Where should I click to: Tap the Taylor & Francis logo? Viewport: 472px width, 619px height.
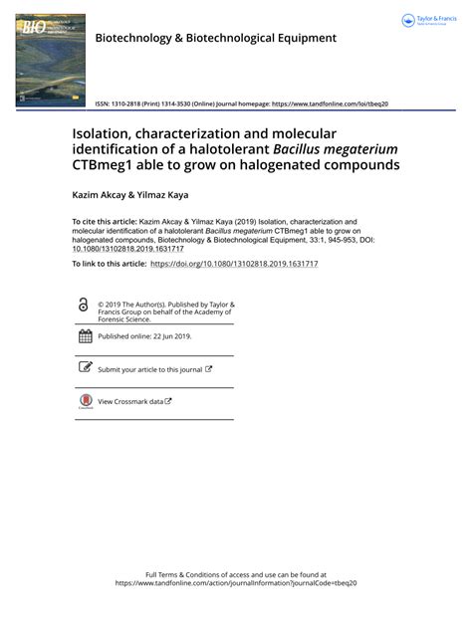point(429,21)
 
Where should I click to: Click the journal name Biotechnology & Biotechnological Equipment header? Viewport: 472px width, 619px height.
point(215,39)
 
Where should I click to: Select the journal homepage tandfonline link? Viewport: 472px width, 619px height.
point(329,103)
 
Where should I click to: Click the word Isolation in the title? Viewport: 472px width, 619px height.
point(109,133)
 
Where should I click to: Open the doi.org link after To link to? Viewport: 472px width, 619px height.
point(234,264)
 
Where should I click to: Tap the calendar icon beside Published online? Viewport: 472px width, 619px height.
point(85,336)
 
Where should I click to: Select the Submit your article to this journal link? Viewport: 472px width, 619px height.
point(150,369)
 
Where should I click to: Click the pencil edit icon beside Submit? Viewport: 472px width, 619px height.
point(85,368)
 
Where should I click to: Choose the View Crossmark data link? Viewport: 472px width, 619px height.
point(130,401)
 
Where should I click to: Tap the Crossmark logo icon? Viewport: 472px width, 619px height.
point(85,401)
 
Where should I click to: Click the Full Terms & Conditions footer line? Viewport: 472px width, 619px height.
point(236,574)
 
